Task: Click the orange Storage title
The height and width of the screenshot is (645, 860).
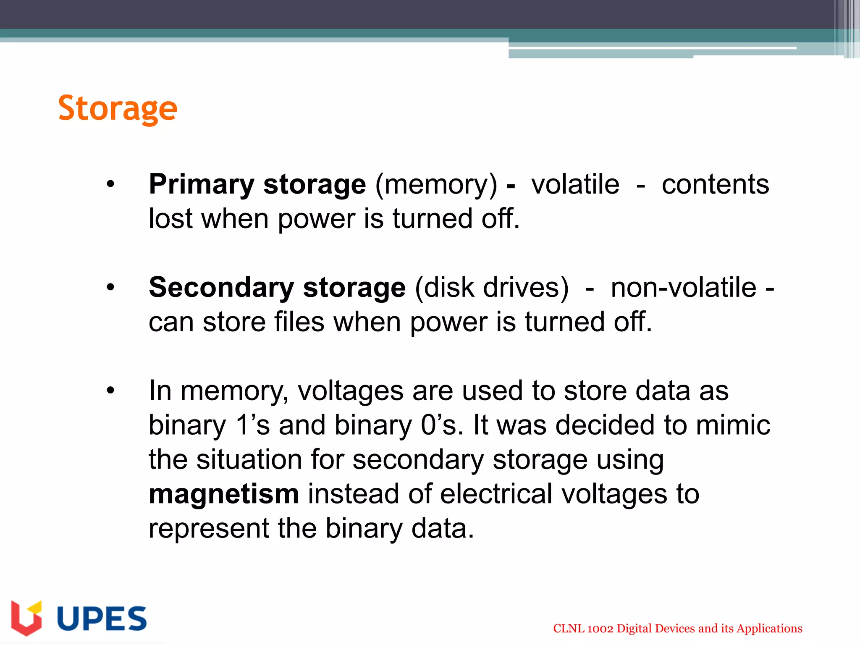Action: pyautogui.click(x=118, y=108)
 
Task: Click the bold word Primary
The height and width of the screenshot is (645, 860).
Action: pyautogui.click(x=202, y=185)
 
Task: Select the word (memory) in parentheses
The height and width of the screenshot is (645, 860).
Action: pyautogui.click(x=436, y=185)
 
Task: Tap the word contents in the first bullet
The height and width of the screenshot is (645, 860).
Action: pyautogui.click(x=715, y=185)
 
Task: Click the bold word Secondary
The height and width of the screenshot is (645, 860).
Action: pyautogui.click(x=221, y=288)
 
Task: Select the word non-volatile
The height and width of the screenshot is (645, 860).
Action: pyautogui.click(x=683, y=288)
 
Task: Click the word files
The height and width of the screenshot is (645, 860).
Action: pyautogui.click(x=299, y=322)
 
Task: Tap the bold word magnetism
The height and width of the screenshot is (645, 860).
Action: pyautogui.click(x=224, y=494)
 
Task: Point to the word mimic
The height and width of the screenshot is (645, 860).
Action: pyautogui.click(x=733, y=425)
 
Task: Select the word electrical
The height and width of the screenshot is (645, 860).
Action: pyautogui.click(x=496, y=494)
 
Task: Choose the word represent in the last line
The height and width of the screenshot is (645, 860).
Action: pyautogui.click(x=209, y=529)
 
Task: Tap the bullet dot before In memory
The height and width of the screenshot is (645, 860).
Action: pyautogui.click(x=110, y=391)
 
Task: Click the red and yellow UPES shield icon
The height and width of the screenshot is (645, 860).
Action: pyautogui.click(x=26, y=618)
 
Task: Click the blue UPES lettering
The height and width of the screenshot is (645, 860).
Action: pyautogui.click(x=102, y=619)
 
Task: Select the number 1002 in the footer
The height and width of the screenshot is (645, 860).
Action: pyautogui.click(x=600, y=629)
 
